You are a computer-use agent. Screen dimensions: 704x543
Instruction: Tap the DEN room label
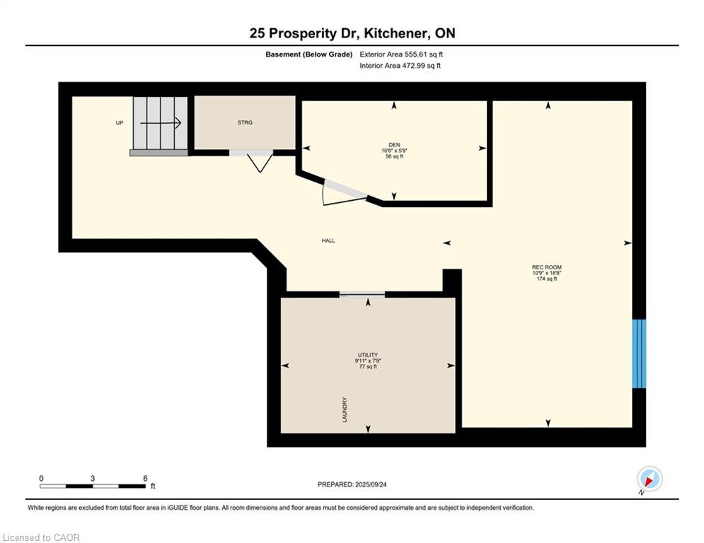coord(394,144)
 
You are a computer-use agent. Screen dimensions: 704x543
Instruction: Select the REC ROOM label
coord(546,267)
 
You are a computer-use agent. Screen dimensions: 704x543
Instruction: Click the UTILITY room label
coord(368,355)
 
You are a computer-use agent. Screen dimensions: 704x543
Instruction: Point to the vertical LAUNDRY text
coord(345,409)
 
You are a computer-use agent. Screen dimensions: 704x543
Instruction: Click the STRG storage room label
coord(245,122)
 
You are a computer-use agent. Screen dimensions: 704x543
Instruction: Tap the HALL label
coord(328,240)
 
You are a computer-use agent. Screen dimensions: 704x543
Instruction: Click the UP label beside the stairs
coord(120,122)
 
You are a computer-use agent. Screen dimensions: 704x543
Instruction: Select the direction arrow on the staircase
coord(161,122)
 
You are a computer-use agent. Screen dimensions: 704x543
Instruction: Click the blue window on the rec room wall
coord(639,354)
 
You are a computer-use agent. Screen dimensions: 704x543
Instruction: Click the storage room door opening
coord(251,153)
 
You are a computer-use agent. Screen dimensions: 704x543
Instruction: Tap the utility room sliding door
coord(362,295)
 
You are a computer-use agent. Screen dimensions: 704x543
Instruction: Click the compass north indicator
coord(650,479)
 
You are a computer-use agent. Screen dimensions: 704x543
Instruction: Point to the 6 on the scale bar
coord(145,479)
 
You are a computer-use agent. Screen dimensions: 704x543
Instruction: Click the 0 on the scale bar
coord(41,479)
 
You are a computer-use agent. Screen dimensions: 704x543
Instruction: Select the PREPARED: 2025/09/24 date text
coord(352,484)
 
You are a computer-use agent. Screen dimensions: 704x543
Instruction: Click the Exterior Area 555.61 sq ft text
coord(401,54)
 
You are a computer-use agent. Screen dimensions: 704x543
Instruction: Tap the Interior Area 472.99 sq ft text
coord(400,66)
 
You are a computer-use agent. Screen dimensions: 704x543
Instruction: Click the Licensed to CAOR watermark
coord(41,537)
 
